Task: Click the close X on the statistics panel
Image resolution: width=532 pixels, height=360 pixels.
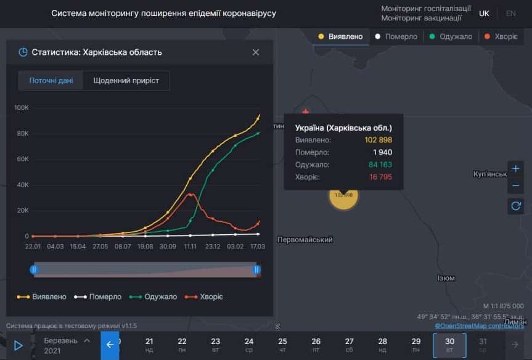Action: (x=256, y=52)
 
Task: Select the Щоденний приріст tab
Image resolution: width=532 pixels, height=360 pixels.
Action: (x=126, y=81)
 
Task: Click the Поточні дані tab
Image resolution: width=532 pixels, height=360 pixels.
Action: (x=51, y=81)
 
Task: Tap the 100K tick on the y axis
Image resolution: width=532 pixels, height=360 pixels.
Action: (x=21, y=108)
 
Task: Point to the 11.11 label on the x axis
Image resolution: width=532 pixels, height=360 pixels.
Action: (x=190, y=246)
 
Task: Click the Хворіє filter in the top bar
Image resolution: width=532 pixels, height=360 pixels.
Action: (x=501, y=36)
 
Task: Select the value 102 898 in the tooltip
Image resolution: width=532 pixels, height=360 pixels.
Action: (x=378, y=140)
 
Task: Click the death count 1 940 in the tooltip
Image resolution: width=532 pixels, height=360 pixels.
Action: (x=382, y=152)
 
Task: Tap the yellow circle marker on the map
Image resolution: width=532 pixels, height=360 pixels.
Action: (x=343, y=195)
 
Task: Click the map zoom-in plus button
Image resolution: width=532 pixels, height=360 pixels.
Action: (x=515, y=168)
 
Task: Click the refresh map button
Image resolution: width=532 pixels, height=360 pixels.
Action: (x=515, y=207)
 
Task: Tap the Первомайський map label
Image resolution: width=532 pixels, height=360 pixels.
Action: (x=305, y=240)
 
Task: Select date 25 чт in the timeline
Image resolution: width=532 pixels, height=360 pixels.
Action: (x=282, y=345)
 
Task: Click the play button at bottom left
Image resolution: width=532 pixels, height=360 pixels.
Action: (x=18, y=345)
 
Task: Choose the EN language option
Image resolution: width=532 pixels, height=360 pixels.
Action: (x=510, y=14)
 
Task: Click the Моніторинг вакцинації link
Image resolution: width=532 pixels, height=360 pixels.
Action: (x=421, y=18)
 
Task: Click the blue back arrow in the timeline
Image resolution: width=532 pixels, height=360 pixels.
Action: (x=110, y=345)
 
